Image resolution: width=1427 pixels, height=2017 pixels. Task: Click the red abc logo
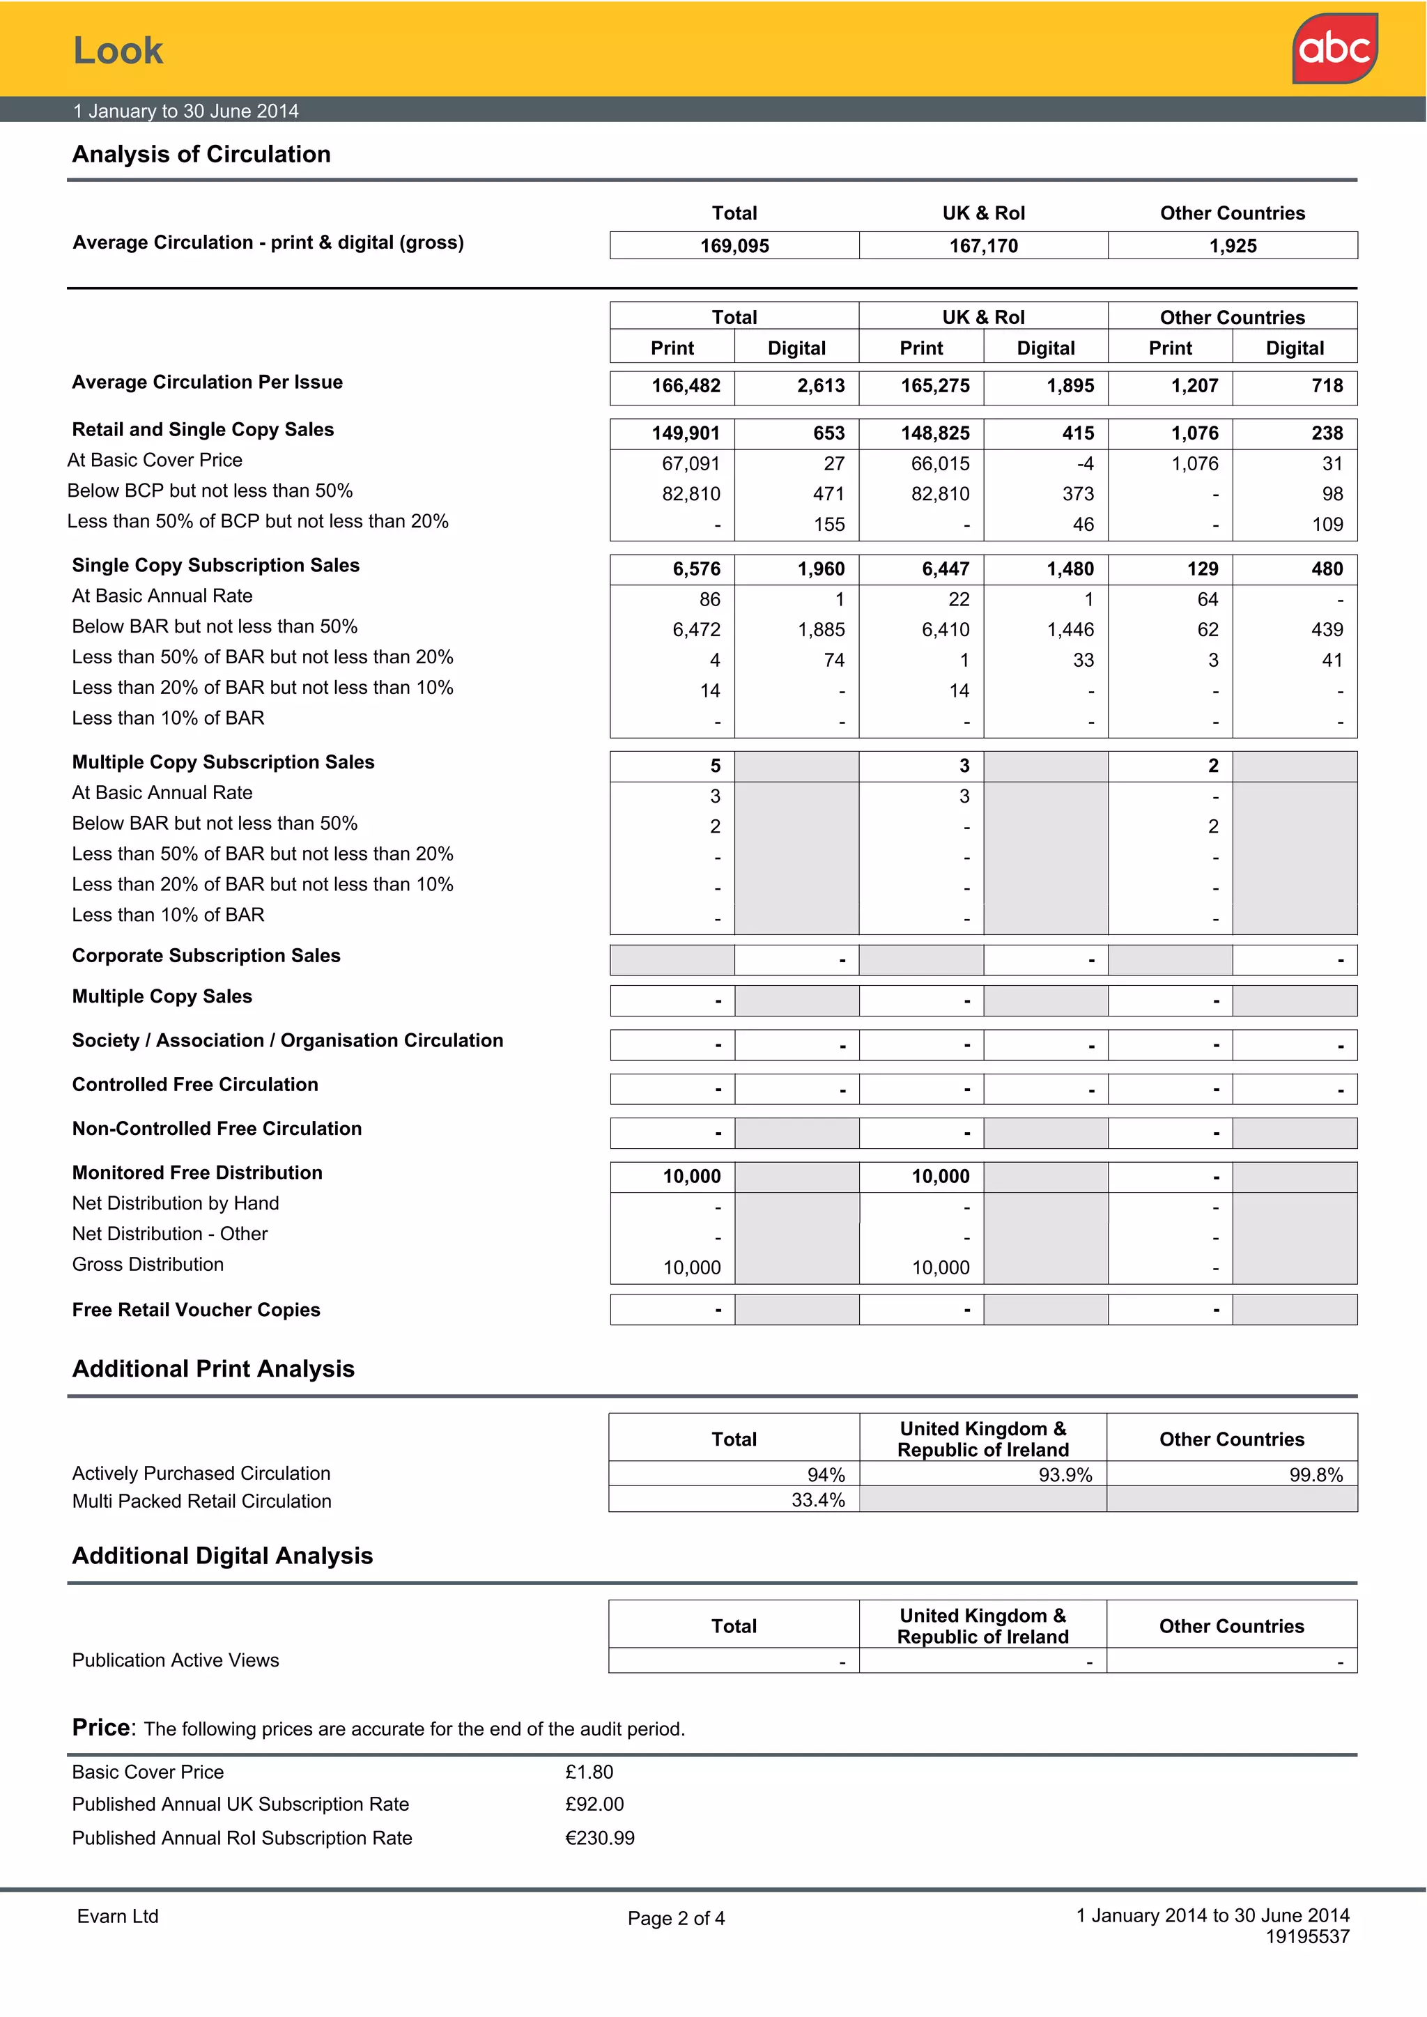tap(1334, 48)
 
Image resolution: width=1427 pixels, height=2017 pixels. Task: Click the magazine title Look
tap(118, 50)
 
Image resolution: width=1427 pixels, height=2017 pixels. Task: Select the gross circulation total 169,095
tap(734, 246)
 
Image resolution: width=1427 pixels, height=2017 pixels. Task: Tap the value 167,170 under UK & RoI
tap(982, 246)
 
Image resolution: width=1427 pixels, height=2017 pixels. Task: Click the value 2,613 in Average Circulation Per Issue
tap(820, 386)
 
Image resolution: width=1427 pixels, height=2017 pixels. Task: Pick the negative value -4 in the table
tap(1084, 464)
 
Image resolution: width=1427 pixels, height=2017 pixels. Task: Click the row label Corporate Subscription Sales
tap(206, 955)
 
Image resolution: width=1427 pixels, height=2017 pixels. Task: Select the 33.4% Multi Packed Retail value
tap(817, 1499)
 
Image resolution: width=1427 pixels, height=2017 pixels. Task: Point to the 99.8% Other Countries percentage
tap(1315, 1475)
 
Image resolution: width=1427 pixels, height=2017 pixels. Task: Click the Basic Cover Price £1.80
tap(589, 1772)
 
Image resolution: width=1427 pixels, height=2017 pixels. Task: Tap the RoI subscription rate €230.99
tap(599, 1838)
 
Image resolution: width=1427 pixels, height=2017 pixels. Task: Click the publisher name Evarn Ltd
tap(118, 1916)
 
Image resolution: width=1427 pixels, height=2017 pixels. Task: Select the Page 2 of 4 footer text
tap(676, 1918)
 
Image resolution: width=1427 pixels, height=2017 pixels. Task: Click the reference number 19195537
tap(1306, 1936)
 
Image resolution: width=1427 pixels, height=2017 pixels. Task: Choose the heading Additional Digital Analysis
tap(222, 1555)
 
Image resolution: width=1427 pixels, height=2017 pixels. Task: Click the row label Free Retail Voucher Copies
tap(196, 1309)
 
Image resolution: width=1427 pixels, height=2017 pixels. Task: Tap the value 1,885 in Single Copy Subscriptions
tap(821, 630)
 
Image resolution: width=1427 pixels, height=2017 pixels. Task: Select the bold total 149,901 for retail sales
tap(686, 433)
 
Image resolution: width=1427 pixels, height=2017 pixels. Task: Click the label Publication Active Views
tap(175, 1660)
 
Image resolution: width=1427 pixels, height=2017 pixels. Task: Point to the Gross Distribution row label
tap(148, 1263)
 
